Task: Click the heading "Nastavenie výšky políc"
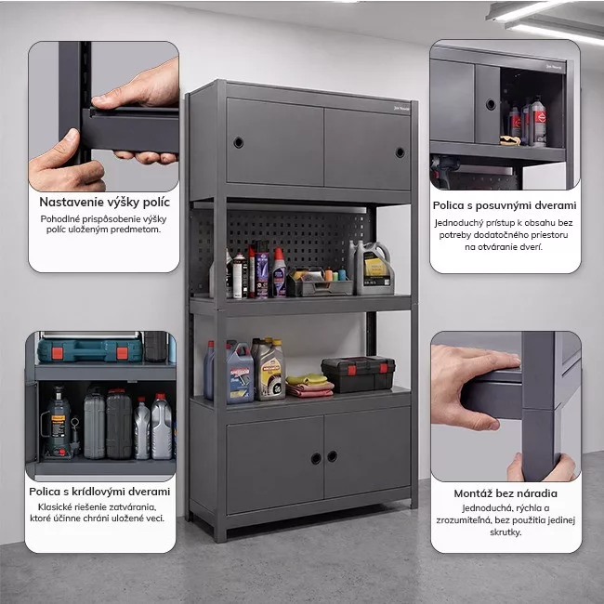coord(104,202)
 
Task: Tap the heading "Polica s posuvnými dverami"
coord(505,205)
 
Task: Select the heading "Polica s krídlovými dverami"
coord(99,492)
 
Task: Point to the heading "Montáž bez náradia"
coord(506,493)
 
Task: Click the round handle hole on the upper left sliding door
coord(239,142)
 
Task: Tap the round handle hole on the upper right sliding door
coord(400,152)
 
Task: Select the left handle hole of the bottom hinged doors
coord(316,458)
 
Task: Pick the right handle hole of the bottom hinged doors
coord(332,456)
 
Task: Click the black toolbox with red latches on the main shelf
coord(359,374)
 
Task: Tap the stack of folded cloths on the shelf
coord(309,386)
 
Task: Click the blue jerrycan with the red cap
coord(240,373)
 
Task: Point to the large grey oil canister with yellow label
coord(374,269)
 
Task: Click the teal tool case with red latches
coord(90,350)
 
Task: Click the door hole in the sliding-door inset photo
coord(491,104)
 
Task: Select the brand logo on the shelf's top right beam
coord(401,109)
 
